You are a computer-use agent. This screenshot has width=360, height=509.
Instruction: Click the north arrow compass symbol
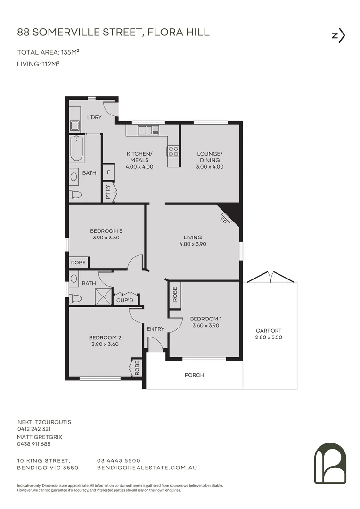point(339,36)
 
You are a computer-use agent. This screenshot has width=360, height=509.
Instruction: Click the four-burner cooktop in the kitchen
point(173,151)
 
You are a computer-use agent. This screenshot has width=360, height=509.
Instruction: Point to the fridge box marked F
point(108,172)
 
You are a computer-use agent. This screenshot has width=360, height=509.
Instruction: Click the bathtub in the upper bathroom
point(76,149)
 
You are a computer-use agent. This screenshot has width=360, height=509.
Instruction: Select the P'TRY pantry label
point(108,192)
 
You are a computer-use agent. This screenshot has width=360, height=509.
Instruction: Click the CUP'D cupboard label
point(125,300)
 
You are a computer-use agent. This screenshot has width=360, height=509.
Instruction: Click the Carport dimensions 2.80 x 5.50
point(269,337)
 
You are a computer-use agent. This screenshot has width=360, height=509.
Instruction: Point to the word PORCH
point(194,375)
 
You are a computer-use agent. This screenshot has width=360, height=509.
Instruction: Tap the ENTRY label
point(155,329)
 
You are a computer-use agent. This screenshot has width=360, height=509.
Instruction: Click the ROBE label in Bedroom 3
point(78,263)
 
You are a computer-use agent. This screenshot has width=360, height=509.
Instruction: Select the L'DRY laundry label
point(94,117)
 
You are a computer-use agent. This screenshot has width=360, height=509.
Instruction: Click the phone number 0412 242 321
point(34,429)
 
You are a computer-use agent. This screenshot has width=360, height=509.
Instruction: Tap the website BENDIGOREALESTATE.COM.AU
point(147,468)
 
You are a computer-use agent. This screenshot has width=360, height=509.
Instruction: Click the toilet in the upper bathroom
point(75,194)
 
